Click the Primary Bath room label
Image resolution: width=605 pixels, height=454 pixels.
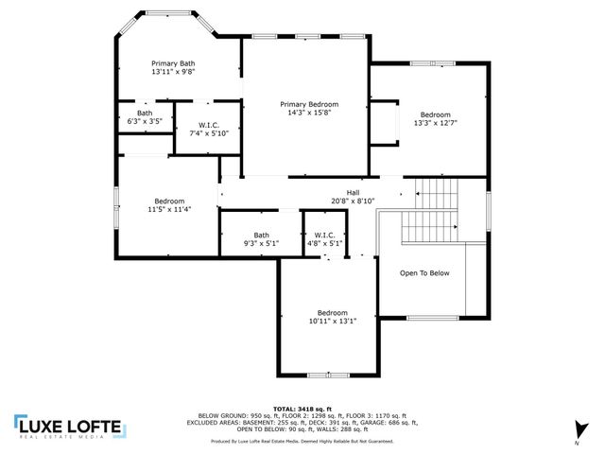pyautogui.click(x=173, y=63)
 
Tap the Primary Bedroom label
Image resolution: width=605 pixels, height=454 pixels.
pyautogui.click(x=309, y=104)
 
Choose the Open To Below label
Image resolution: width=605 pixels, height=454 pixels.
pyautogui.click(x=424, y=273)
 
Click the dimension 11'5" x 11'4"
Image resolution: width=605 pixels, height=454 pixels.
pyautogui.click(x=169, y=210)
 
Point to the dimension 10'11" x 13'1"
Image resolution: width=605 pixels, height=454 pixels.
pyautogui.click(x=332, y=322)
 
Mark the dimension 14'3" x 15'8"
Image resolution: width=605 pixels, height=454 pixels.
pyautogui.click(x=309, y=113)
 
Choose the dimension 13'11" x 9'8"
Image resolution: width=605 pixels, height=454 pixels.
pyautogui.click(x=173, y=72)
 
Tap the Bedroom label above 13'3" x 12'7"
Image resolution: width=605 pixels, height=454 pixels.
pyautogui.click(x=436, y=114)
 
